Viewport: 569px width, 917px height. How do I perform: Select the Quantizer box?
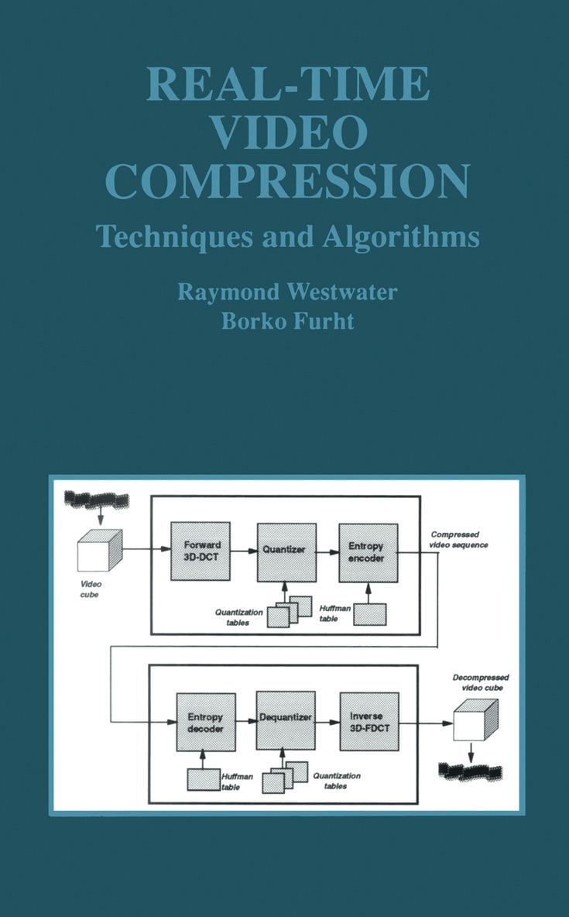(x=286, y=551)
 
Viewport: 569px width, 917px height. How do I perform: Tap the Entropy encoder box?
(x=368, y=551)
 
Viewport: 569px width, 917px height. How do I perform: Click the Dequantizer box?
(x=285, y=720)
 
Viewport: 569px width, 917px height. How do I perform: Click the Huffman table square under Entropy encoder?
(x=370, y=613)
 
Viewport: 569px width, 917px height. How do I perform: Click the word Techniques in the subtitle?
(x=156, y=235)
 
